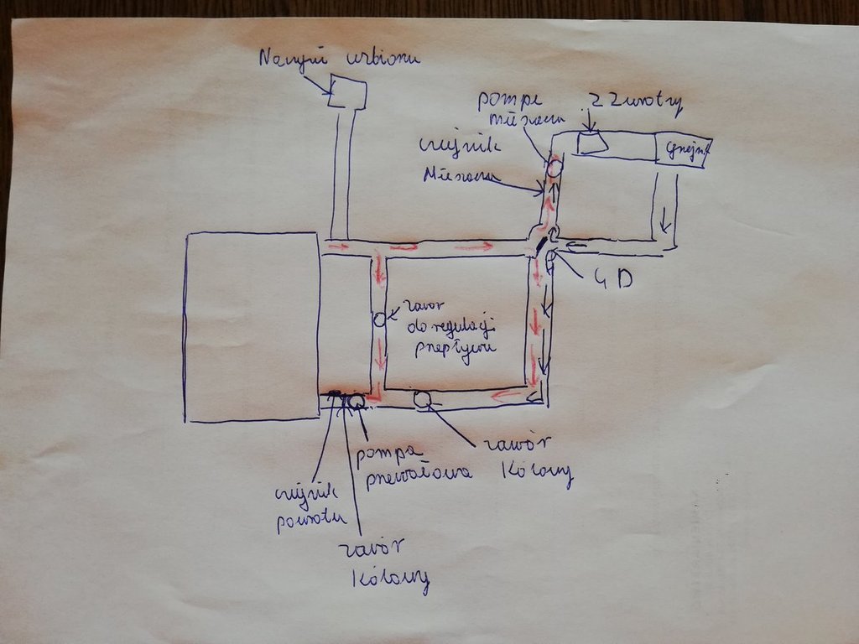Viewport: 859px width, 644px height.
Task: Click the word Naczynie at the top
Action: tap(287, 59)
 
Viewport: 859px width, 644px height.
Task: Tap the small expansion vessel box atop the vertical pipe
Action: tap(346, 92)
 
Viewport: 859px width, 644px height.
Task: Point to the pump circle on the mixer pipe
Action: tap(554, 169)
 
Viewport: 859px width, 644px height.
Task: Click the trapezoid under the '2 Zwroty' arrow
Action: tap(593, 143)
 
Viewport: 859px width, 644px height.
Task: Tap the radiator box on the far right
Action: tap(683, 152)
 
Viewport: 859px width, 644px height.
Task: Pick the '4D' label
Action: tap(612, 278)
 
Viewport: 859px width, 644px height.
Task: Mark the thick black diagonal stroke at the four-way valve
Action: tap(541, 244)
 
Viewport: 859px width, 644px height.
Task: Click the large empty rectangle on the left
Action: tap(252, 327)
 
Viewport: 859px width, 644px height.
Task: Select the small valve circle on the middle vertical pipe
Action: tap(378, 319)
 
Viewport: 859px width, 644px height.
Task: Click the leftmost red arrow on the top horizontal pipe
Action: tap(337, 247)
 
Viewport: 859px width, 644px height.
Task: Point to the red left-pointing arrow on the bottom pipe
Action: tap(506, 394)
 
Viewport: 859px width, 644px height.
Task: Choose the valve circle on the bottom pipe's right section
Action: tap(421, 400)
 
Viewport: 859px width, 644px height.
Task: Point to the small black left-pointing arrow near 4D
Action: tap(577, 247)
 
